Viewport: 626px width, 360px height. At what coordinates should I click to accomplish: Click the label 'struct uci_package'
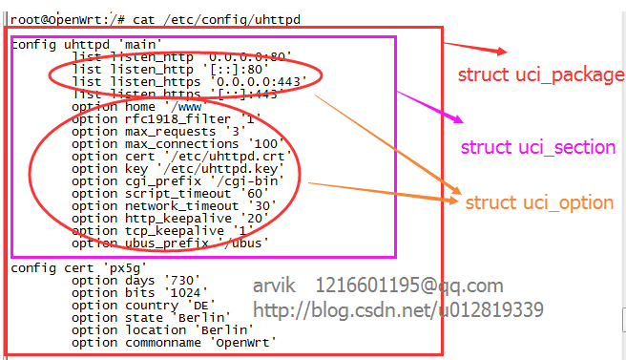[540, 75]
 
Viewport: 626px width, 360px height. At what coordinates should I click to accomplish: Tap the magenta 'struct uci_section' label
[538, 147]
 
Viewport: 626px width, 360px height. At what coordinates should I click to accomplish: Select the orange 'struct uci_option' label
[539, 202]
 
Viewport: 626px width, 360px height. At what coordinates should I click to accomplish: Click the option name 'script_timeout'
[170, 194]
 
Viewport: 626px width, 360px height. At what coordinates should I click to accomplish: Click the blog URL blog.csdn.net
[399, 309]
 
